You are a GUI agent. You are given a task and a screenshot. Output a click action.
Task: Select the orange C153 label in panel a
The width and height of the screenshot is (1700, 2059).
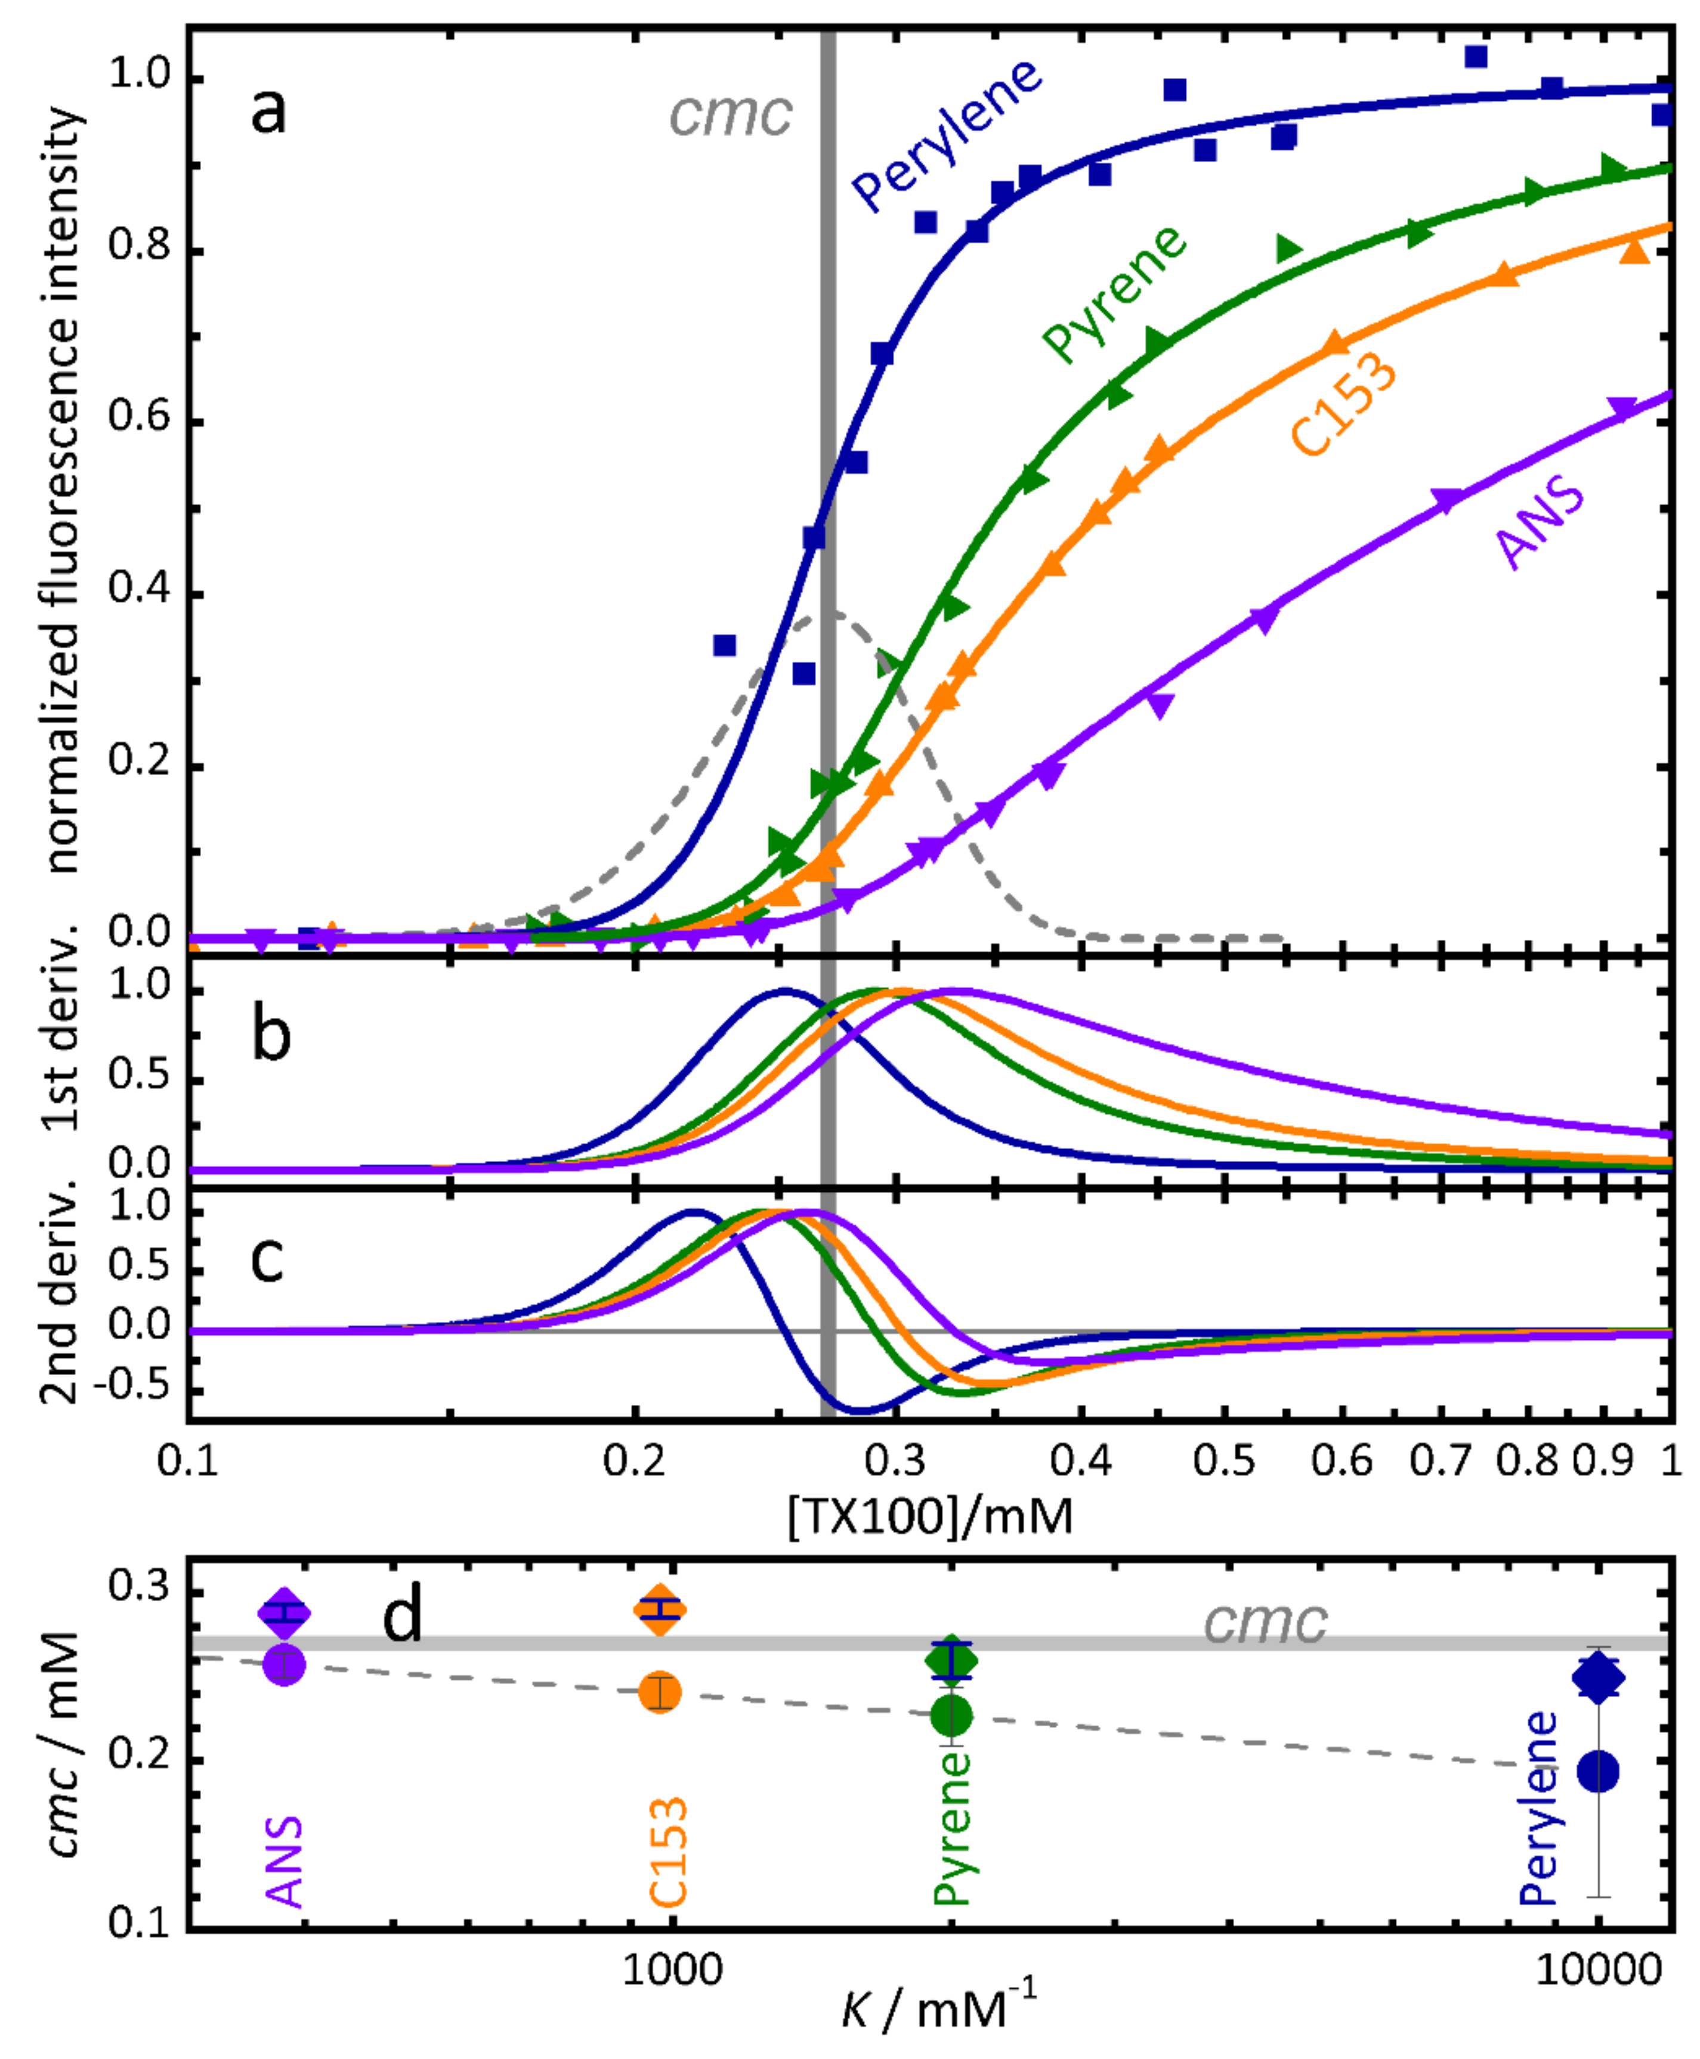click(1343, 403)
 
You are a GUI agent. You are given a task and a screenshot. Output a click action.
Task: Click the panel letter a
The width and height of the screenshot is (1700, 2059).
click(268, 110)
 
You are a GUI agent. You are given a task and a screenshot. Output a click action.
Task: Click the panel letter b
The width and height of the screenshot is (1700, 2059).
click(271, 1035)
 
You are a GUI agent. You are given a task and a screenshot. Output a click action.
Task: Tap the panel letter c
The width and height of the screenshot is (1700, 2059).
click(267, 1258)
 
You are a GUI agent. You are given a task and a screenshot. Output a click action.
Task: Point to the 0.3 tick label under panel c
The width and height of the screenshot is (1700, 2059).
click(894, 1461)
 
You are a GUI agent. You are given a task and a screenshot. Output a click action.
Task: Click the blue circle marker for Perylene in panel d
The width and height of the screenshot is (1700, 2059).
click(1597, 1771)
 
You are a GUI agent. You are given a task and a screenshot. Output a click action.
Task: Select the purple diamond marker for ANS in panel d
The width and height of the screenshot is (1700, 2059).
click(284, 1612)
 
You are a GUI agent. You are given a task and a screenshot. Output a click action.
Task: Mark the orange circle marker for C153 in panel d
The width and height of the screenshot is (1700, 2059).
click(660, 1692)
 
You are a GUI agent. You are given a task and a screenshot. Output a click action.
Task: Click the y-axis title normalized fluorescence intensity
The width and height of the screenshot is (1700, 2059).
click(61, 490)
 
